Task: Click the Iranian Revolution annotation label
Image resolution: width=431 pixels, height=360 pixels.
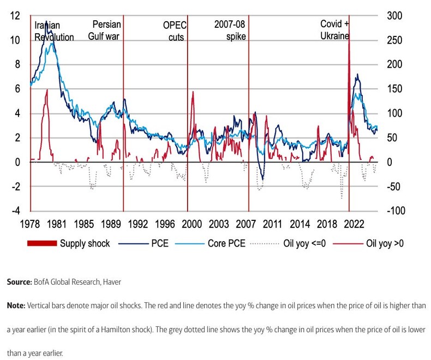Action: pos(53,31)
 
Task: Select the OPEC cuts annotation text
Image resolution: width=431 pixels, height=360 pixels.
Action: pos(173,31)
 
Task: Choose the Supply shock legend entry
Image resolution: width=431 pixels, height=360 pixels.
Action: pos(85,244)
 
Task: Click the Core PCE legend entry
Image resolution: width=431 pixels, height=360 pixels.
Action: pos(225,244)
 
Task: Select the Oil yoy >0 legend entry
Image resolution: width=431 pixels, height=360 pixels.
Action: pos(385,244)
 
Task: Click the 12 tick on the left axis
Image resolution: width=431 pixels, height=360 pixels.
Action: pos(16,16)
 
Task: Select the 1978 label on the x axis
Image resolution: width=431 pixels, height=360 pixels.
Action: pos(31,224)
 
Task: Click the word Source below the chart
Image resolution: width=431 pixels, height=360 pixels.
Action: pos(20,283)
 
